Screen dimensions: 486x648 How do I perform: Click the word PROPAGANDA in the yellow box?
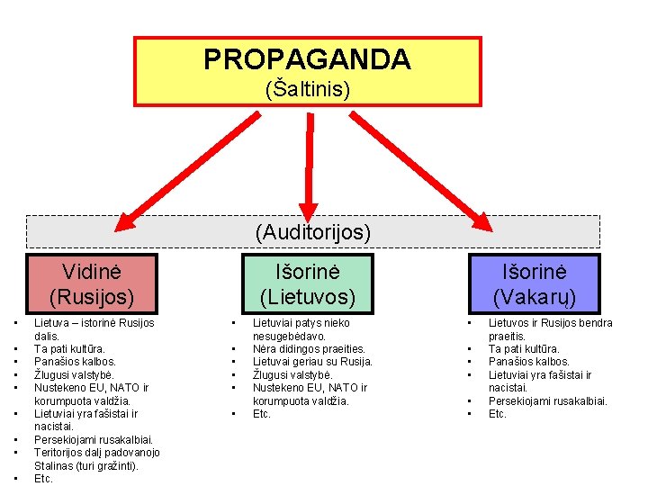coord(307,59)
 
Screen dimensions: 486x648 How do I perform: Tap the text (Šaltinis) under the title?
coord(307,89)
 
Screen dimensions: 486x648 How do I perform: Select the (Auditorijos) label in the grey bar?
coord(312,232)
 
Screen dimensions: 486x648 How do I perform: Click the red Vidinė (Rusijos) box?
coord(91,283)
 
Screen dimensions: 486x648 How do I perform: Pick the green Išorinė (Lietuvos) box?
coord(308,283)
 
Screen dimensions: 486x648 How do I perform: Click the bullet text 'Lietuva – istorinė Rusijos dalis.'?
coord(94,328)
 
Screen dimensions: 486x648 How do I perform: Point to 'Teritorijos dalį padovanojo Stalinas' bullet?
coord(96,458)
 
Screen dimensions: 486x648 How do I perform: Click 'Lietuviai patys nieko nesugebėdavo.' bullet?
coord(301,328)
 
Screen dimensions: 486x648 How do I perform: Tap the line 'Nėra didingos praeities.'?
coord(309,348)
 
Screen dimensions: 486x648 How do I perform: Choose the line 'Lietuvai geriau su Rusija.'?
coord(312,362)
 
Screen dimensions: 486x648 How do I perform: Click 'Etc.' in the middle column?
coord(262,414)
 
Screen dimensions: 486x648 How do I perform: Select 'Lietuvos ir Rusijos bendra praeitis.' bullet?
coord(549,328)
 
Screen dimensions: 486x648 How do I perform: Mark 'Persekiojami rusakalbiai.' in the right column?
coord(547,400)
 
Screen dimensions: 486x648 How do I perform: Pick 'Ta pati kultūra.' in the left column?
coord(69,348)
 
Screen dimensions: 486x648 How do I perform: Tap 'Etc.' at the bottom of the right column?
coord(497,414)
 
